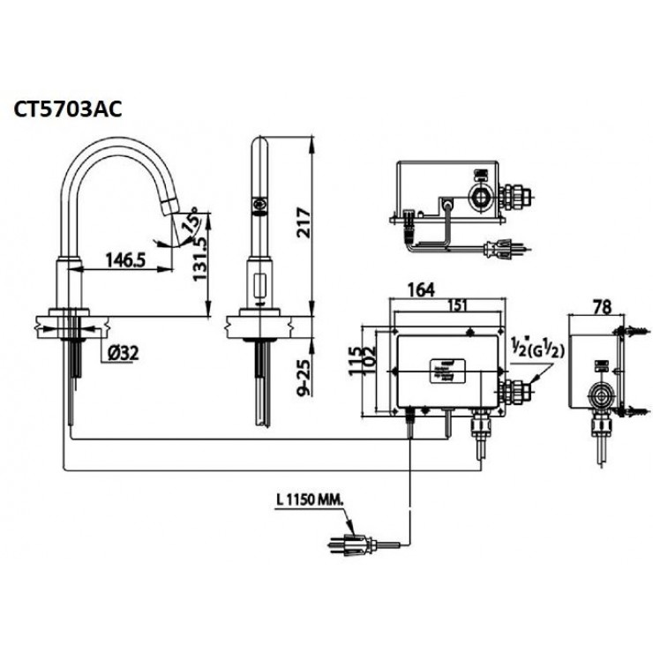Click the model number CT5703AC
click(x=67, y=109)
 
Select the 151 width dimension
click(x=456, y=305)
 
